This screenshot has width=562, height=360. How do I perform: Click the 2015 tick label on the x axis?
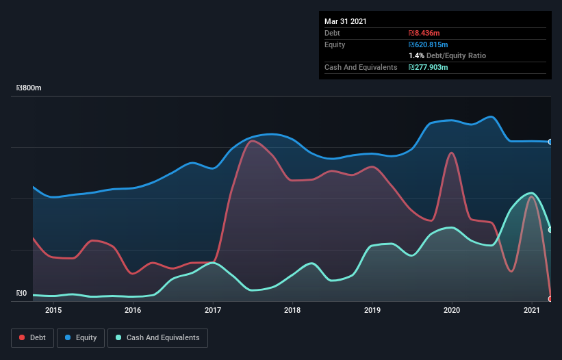coord(53,310)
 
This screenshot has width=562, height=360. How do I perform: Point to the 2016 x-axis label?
coord(133,310)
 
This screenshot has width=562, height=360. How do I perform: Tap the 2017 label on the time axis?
coord(213,310)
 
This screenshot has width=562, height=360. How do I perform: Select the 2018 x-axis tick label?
coord(292,310)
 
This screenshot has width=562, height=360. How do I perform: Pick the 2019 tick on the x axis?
coord(372,310)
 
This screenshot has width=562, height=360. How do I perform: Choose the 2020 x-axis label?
coord(452,310)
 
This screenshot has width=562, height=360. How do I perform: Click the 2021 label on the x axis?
coord(532,310)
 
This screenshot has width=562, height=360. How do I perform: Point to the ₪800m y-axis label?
coord(29,88)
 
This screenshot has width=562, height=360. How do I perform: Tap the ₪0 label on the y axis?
coord(21,294)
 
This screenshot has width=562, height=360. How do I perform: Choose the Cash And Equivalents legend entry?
coord(157,337)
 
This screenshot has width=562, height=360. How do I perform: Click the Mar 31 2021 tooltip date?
coord(346,21)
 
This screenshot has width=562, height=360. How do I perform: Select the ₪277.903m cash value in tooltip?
coord(429,67)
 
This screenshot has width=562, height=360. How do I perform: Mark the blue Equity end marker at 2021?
coord(550,142)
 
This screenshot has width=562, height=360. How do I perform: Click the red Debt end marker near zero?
coord(550,299)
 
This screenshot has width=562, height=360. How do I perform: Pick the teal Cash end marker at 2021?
coord(550,230)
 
